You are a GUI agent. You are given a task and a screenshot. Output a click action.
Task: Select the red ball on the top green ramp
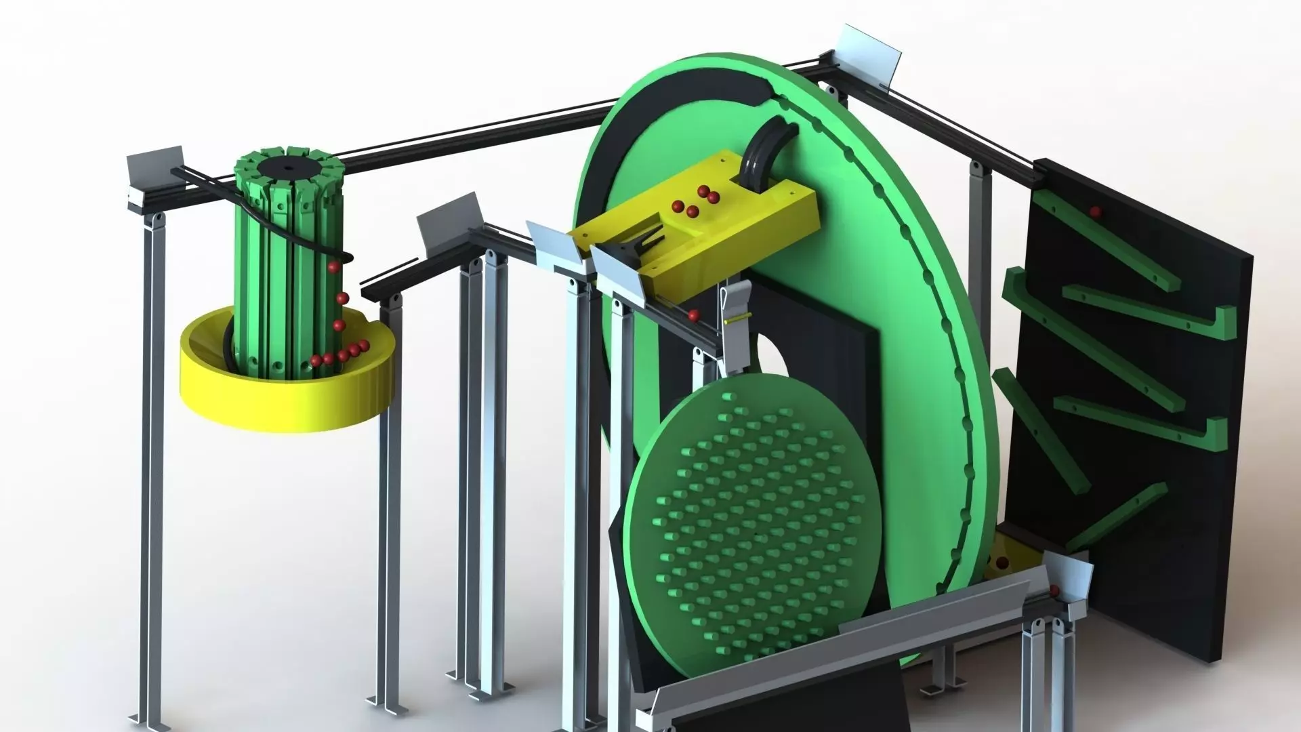[x=1094, y=211]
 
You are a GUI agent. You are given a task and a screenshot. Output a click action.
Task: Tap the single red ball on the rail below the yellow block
[x=693, y=314]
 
